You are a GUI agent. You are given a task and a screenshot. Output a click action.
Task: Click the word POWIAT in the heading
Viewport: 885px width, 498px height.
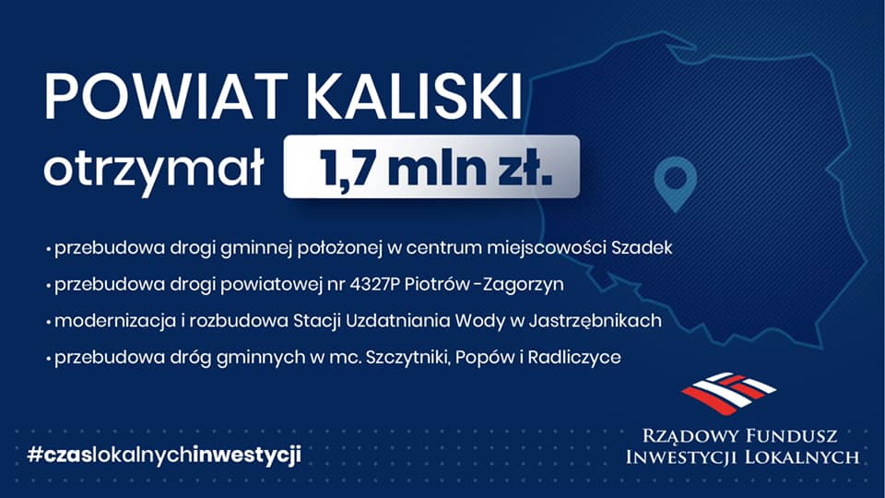click(167, 96)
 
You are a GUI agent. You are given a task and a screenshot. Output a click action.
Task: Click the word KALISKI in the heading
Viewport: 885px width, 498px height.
click(414, 96)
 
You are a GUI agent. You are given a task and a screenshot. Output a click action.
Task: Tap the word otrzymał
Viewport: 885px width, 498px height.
click(154, 168)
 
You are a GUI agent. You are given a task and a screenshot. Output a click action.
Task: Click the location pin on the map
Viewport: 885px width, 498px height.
click(675, 184)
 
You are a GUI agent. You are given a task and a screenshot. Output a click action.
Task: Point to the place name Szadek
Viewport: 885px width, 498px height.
click(643, 247)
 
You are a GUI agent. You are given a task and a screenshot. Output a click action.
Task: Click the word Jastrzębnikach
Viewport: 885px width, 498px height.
click(596, 321)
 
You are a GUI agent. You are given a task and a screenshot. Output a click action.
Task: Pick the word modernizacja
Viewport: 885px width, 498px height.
click(115, 321)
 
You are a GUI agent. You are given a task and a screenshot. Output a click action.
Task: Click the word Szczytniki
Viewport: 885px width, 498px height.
click(408, 358)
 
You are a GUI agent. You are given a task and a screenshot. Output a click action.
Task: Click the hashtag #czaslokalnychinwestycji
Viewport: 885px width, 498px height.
click(164, 455)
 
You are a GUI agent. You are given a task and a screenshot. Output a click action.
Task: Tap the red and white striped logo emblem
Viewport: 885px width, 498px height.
click(729, 393)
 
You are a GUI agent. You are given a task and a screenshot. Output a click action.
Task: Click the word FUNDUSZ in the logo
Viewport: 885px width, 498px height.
click(792, 436)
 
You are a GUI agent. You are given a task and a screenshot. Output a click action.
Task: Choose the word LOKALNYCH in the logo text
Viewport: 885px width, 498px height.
click(802, 456)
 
